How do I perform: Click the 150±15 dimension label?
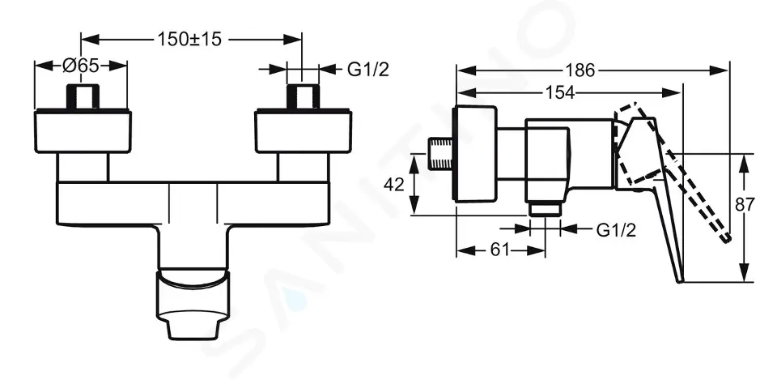pyautogui.click(x=189, y=39)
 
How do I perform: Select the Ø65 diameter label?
pyautogui.click(x=80, y=66)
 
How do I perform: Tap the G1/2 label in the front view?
pyautogui.click(x=367, y=70)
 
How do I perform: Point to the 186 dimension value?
pyautogui.click(x=580, y=71)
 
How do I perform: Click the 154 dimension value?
pyautogui.click(x=560, y=92)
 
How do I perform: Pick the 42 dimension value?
pyautogui.click(x=394, y=185)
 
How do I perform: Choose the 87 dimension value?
pyautogui.click(x=745, y=204)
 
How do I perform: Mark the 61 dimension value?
pyautogui.click(x=499, y=250)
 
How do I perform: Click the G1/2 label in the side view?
pyautogui.click(x=615, y=229)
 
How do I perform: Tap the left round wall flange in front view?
pyautogui.click(x=83, y=131)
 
